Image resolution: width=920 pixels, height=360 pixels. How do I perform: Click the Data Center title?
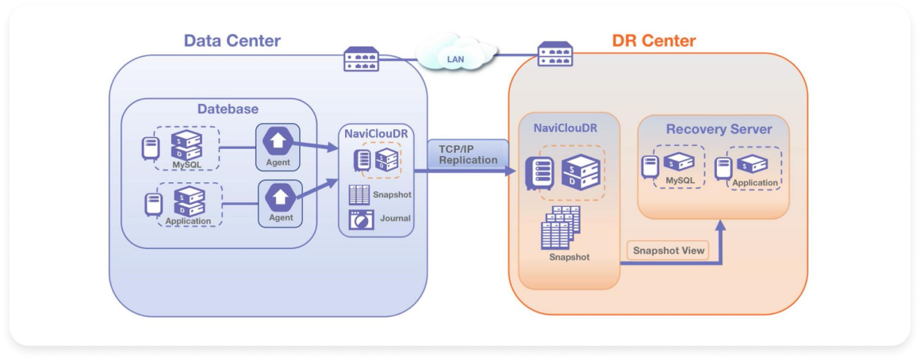coord(232,40)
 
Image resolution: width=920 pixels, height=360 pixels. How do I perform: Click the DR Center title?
coord(654,40)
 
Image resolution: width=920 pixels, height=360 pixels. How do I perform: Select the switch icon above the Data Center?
coord(361,59)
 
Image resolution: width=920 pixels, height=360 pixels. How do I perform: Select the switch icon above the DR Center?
coord(555,54)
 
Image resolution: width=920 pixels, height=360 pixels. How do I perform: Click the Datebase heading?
coord(228,109)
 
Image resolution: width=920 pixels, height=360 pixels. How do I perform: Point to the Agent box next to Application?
coord(281,202)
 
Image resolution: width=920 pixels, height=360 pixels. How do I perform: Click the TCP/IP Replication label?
coord(468,154)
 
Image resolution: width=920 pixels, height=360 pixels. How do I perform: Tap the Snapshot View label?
coord(668,251)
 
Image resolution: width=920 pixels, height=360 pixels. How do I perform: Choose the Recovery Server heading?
coord(719,129)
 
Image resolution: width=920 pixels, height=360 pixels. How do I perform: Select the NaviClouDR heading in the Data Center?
coord(376,133)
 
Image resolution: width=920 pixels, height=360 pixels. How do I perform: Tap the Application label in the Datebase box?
coord(188,221)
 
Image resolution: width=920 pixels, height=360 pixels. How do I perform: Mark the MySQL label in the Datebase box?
coord(188,165)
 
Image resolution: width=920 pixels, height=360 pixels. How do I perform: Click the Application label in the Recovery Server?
coord(754,183)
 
